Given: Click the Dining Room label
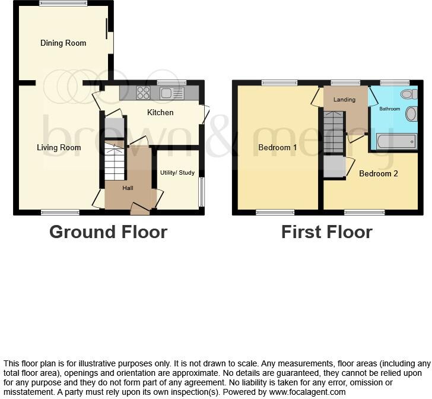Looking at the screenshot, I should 63,43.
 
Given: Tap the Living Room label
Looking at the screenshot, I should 59,147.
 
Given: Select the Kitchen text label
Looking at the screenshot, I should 160,112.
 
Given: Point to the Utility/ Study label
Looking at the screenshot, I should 177,173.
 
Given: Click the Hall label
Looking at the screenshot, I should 128,188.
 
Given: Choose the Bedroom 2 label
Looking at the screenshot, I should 379,173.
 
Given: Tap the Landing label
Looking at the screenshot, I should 344,100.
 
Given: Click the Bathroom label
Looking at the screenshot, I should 390,109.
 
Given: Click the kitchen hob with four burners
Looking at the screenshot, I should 143,93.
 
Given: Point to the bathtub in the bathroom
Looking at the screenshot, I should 396,141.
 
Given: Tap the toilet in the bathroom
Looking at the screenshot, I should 408,94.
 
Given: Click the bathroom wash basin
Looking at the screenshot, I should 411,113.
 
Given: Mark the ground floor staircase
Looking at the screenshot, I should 115,163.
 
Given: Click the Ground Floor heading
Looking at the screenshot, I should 108,232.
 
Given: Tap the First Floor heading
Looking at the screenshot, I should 326,232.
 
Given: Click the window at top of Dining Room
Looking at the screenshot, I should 63,4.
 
